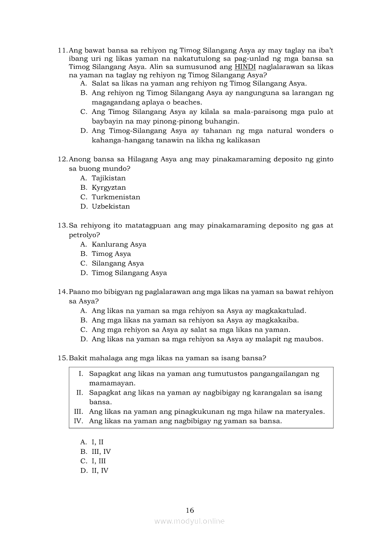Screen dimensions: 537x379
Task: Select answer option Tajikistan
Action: point(108,178)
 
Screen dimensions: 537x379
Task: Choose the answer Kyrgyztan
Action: point(108,187)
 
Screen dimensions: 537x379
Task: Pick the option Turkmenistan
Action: point(116,197)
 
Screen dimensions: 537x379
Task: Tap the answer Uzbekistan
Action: point(111,207)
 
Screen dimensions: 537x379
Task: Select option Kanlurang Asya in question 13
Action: point(119,244)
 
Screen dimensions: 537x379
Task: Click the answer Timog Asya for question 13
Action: point(111,254)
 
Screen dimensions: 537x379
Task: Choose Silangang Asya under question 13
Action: point(117,264)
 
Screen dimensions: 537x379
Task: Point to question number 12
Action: point(62,159)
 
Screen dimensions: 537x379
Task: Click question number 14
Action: point(62,292)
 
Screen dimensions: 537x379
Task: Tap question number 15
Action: point(62,358)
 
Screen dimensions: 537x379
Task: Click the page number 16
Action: point(190,510)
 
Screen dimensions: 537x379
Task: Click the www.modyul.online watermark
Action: point(189,521)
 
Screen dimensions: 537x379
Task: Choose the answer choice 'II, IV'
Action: point(100,470)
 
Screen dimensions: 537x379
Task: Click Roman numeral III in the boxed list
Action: point(78,412)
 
